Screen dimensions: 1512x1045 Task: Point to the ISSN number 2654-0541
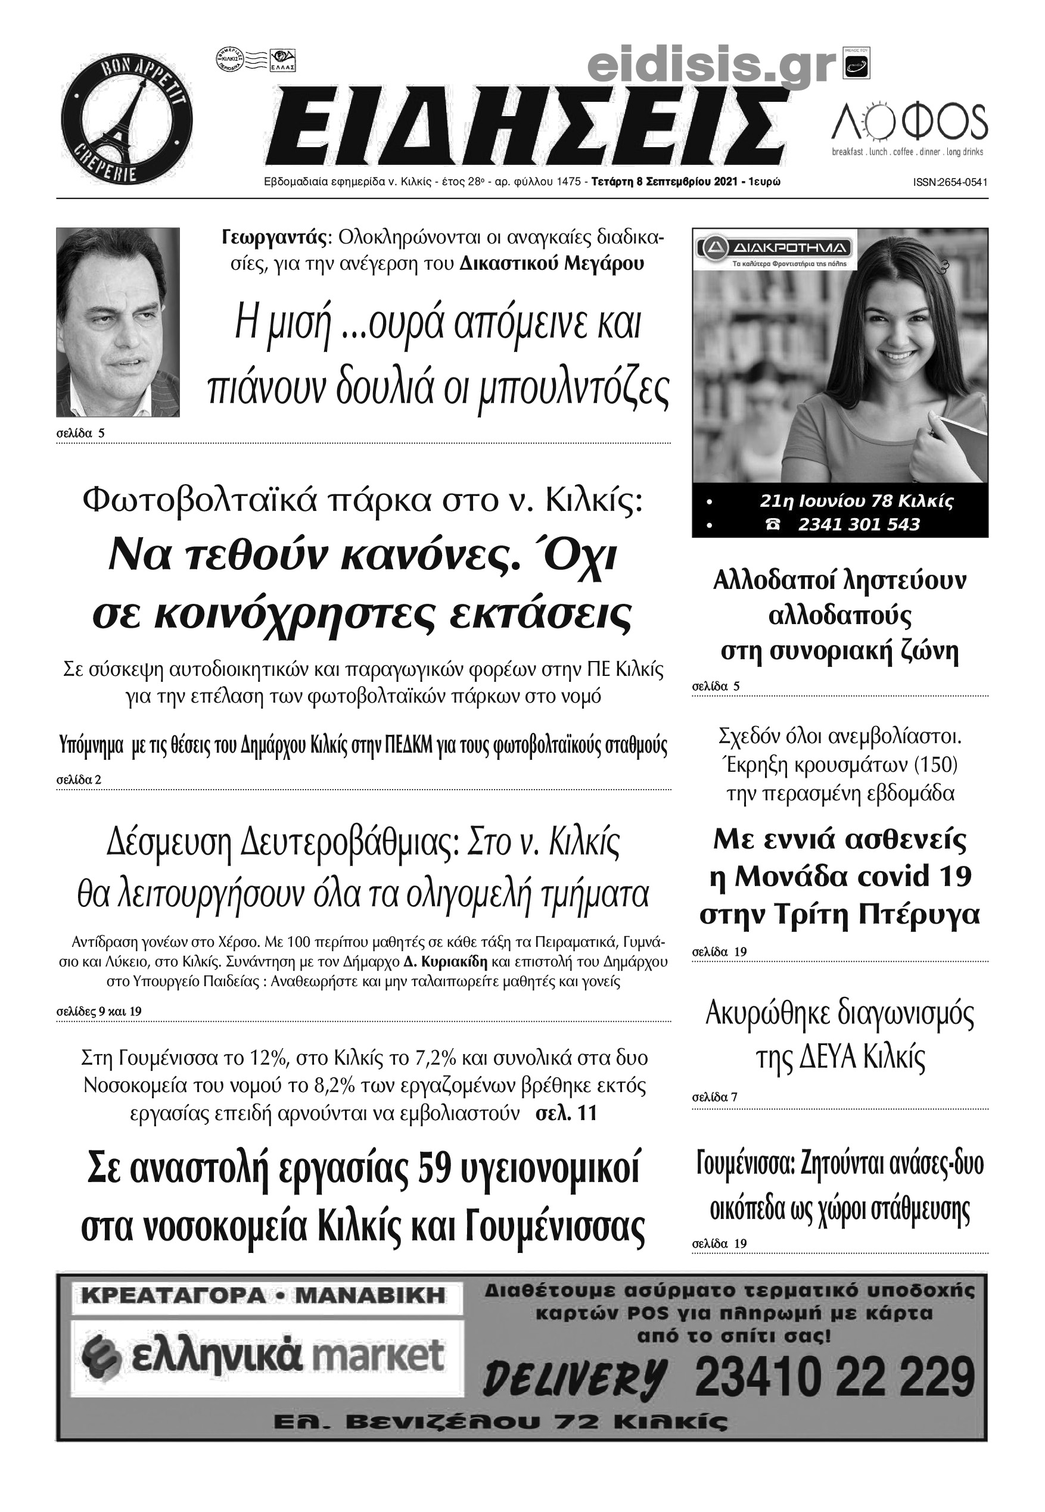[x=950, y=183]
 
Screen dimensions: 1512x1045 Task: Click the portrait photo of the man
[x=118, y=322]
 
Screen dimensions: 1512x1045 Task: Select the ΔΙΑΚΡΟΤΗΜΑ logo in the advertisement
[x=775, y=248]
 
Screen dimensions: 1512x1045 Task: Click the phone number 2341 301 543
[x=859, y=524]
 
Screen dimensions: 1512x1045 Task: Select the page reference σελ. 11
[x=567, y=1114]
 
